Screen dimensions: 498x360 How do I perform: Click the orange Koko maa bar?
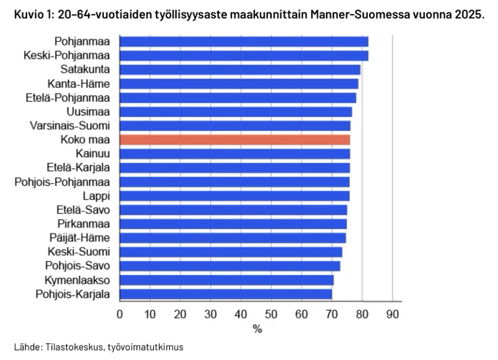(235, 140)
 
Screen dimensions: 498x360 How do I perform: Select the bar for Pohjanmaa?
(244, 42)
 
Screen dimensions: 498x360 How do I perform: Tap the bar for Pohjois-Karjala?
(226, 294)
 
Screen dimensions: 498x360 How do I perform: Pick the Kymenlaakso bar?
(227, 280)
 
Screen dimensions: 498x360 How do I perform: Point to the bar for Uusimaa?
(236, 112)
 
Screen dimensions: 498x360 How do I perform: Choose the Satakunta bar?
(240, 70)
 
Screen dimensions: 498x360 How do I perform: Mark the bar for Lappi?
(234, 196)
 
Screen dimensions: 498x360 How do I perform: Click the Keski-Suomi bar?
(231, 252)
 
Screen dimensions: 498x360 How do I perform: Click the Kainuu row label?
(93, 154)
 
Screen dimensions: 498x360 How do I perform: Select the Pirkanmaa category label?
(83, 224)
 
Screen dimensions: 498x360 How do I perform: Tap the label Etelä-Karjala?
(78, 168)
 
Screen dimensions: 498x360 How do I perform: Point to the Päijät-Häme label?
(80, 238)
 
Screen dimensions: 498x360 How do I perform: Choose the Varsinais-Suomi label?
(70, 126)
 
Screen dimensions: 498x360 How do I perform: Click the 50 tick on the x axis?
(271, 315)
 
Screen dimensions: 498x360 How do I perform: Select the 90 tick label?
(393, 315)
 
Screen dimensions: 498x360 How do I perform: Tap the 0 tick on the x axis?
(119, 315)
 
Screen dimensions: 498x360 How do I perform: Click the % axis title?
(258, 329)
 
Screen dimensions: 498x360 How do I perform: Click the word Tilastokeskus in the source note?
(74, 347)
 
